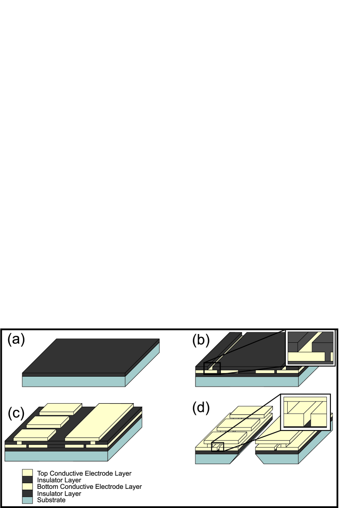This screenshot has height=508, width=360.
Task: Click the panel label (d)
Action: coord(201,408)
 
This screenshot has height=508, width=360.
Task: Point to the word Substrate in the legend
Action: coord(51,500)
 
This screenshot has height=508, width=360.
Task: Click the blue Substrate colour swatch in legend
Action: coord(27,500)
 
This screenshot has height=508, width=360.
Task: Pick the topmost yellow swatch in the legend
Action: coord(27,473)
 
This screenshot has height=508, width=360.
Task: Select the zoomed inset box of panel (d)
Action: coord(306,412)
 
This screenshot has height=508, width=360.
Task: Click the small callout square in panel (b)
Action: coord(212,368)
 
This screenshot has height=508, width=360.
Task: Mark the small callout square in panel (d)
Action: coord(218,447)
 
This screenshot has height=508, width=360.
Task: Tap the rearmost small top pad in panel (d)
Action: coord(250,411)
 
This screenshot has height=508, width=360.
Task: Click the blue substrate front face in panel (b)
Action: coord(246,381)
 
